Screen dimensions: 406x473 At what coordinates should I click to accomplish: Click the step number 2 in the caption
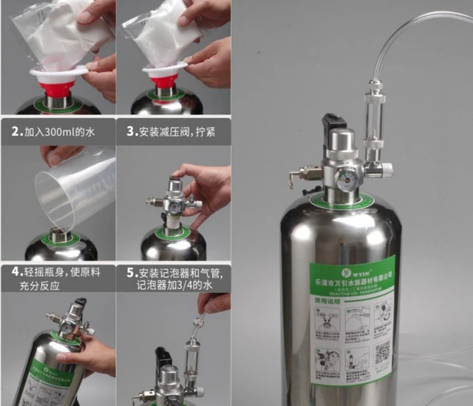15,132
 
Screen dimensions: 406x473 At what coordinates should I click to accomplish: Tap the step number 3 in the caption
130,132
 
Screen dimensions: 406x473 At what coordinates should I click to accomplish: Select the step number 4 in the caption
15,271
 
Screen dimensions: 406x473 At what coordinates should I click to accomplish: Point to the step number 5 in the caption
130,271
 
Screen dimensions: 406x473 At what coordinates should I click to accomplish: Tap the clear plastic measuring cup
74,188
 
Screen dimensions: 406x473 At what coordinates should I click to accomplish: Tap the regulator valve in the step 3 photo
173,203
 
